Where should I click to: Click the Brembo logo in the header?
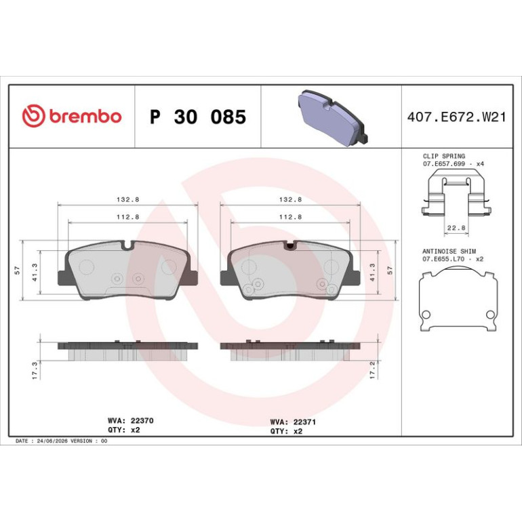72,115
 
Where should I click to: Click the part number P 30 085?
198,117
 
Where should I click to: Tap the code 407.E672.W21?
456,117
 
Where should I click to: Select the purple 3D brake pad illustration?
333,118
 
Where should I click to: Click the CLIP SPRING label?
444,156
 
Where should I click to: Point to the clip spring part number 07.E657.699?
444,164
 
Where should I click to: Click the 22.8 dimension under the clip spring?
456,228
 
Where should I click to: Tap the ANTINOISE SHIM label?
449,252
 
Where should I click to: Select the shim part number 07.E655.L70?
443,259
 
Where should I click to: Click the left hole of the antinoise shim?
426,315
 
